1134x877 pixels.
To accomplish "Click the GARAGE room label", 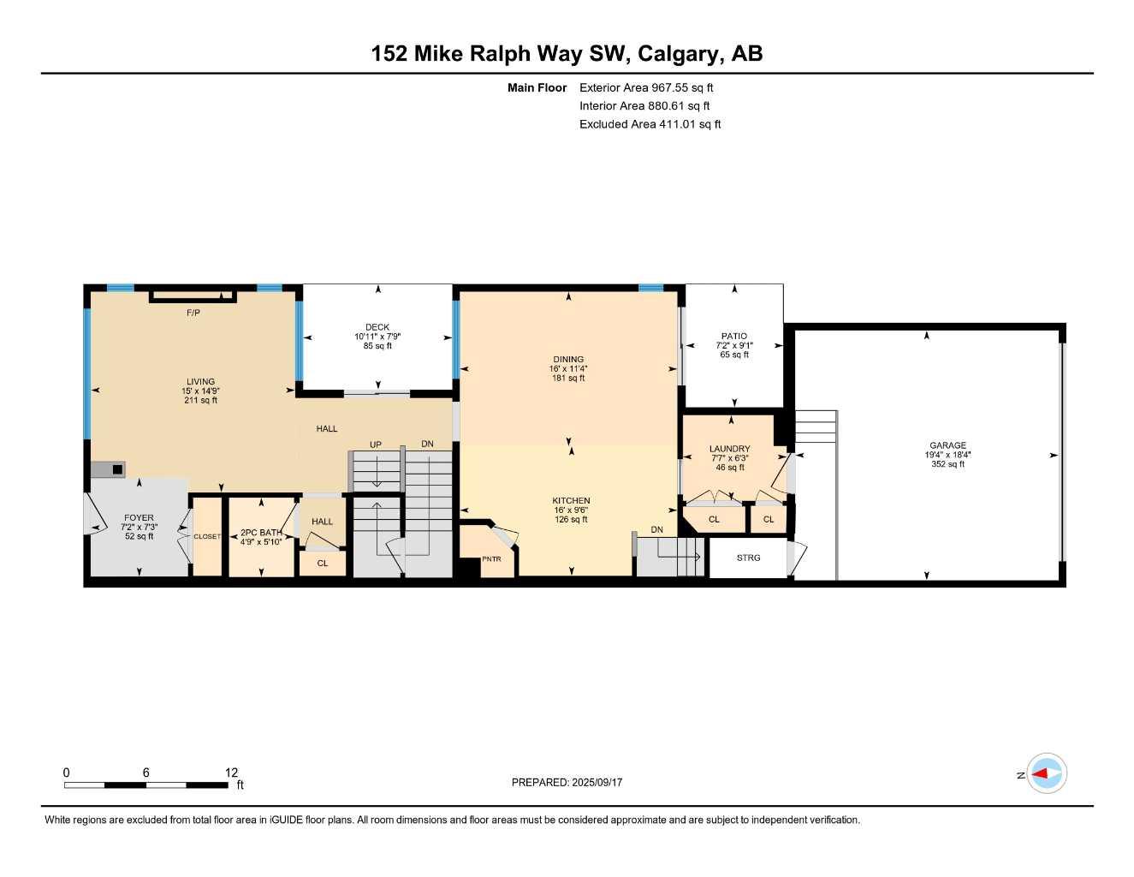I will coord(947,445).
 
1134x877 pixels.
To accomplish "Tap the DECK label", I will coord(377,327).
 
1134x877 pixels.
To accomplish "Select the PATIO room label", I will coord(733,337).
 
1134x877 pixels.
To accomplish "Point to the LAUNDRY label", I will coord(729,449).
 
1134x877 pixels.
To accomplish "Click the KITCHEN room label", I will coord(571,501).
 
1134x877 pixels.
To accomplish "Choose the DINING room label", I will coord(568,360).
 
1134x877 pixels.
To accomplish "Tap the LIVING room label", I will coord(201,382).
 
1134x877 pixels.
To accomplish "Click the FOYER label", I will coord(139,518).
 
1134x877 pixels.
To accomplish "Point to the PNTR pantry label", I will coord(491,559).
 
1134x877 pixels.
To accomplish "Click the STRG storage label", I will coord(748,558).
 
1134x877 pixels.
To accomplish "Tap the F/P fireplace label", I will coord(193,313).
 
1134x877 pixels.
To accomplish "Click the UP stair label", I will coord(375,444).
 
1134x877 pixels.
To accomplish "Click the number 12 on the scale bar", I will coord(232,773).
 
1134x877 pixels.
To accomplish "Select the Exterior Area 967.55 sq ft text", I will coord(646,87).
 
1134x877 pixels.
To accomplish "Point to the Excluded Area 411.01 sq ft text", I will coord(650,124).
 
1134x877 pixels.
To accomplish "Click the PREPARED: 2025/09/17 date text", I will coord(567,782).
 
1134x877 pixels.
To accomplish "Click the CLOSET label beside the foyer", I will coord(207,537).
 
